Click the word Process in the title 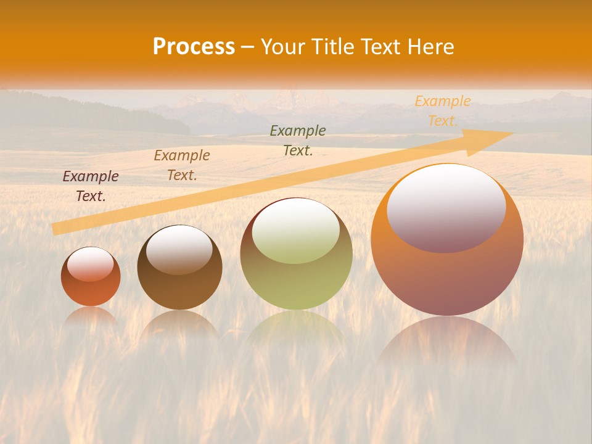[x=194, y=47]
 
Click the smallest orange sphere [x=91, y=287]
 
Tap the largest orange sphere [x=447, y=277]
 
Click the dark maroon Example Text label [x=91, y=186]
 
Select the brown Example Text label [x=182, y=165]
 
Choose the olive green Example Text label [x=298, y=140]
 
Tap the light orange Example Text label [x=442, y=111]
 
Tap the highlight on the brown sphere [x=179, y=249]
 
